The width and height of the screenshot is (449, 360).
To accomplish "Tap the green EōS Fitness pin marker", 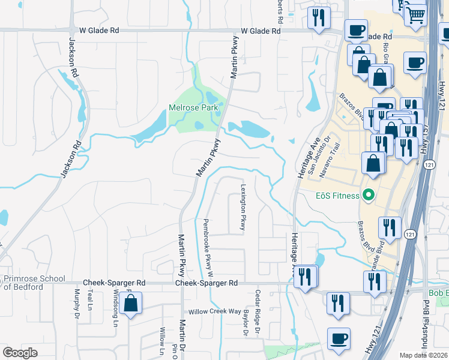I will pos(369,196).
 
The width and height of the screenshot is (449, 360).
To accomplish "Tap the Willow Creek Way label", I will pos(214,312).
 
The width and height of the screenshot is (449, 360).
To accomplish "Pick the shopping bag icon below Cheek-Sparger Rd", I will pos(130,304).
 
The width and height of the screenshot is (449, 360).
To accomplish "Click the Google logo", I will pos(20,353).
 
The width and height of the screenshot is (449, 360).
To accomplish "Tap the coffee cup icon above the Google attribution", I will pos(339,338).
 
